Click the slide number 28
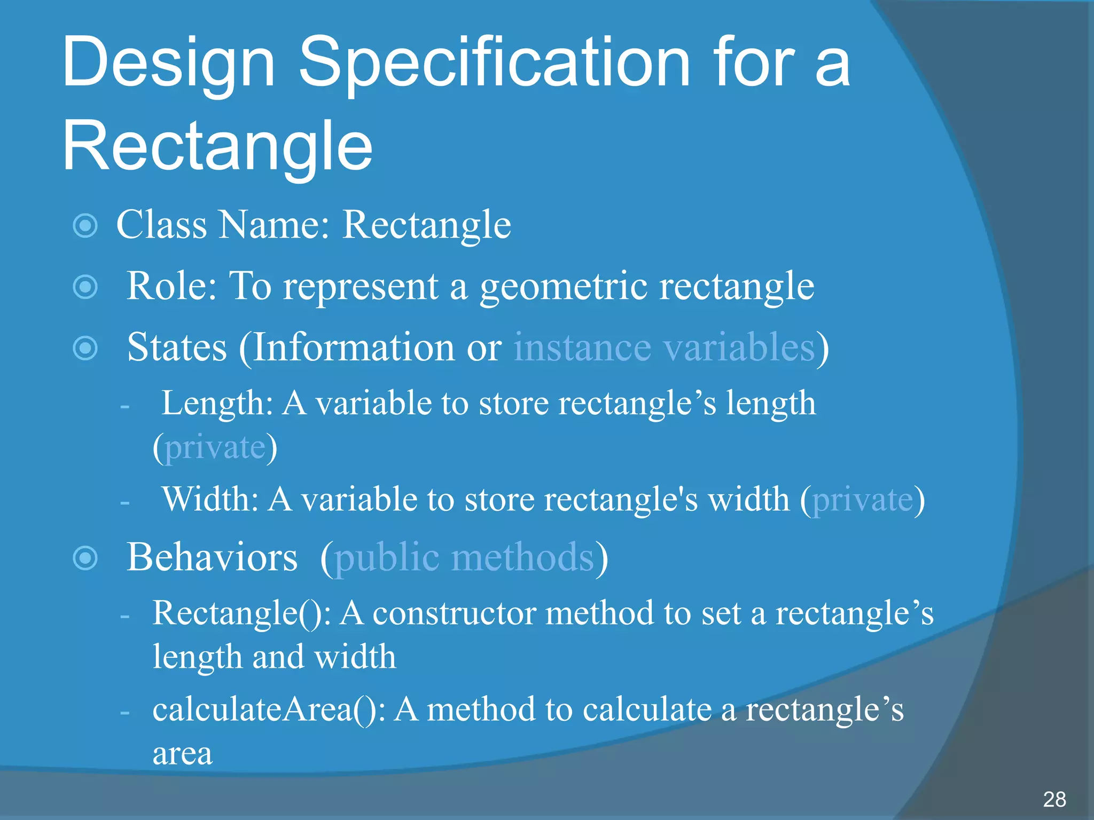[1054, 799]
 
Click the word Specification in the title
[494, 63]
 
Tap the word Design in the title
[168, 63]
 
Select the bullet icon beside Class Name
[85, 226]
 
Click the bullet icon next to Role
[85, 287]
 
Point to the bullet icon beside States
[85, 349]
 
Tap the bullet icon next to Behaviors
[85, 558]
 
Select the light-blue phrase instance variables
[664, 348]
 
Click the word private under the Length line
[215, 447]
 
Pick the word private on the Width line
[862, 500]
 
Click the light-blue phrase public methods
[464, 558]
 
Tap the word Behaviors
[212, 557]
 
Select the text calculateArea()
[269, 710]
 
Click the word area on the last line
[182, 754]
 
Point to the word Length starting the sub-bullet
[217, 404]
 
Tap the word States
[177, 348]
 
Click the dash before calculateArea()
[125, 712]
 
